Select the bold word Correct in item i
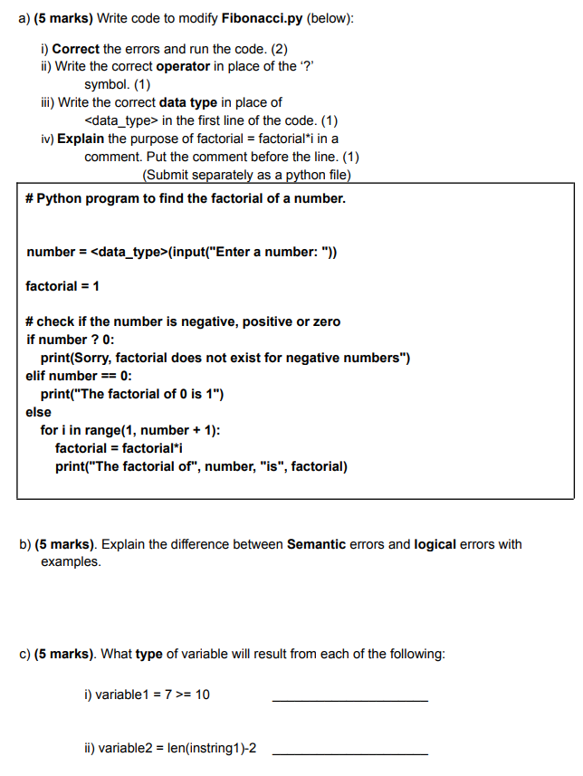(x=76, y=49)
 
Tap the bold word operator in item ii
(x=183, y=66)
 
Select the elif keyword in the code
(x=39, y=376)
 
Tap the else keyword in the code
(x=39, y=412)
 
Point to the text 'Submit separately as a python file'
(x=246, y=174)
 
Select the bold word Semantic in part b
(x=321, y=544)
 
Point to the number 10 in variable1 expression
(x=202, y=695)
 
